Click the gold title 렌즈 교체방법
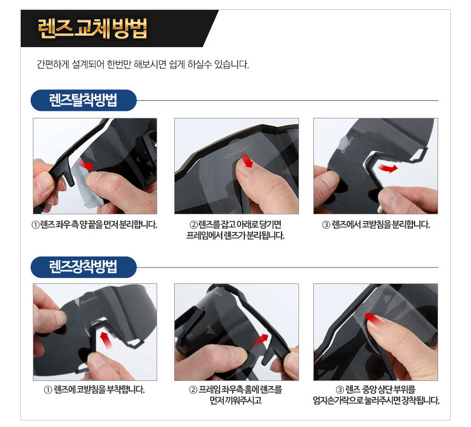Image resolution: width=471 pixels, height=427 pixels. click(93, 29)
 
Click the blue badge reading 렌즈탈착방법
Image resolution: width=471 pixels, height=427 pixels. click(83, 100)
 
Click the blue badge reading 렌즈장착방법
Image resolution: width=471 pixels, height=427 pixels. click(83, 267)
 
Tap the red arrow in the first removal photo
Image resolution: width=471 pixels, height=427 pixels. click(85, 165)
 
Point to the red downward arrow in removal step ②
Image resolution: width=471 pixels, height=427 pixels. click(248, 160)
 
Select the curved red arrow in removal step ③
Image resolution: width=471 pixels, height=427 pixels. click(388, 168)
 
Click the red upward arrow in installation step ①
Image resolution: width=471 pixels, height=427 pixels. click(106, 339)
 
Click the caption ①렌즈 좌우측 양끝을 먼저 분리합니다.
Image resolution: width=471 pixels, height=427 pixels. click(94, 225)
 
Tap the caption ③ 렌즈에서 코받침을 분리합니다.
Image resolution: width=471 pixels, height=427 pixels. click(376, 225)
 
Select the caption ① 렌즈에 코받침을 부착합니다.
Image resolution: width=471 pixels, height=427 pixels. click(94, 390)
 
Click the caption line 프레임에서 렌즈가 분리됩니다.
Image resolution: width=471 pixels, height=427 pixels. click(235, 236)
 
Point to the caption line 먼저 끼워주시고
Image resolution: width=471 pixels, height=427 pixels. click(236, 401)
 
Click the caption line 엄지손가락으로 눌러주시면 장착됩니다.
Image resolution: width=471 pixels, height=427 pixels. click(376, 401)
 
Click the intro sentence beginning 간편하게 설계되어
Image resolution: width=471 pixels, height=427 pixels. click(143, 64)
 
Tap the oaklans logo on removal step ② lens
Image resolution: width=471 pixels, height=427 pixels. click(237, 152)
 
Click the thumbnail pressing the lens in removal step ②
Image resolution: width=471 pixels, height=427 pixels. click(247, 168)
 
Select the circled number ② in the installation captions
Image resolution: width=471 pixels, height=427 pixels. click(193, 390)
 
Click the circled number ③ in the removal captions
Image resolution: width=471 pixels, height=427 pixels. click(326, 225)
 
